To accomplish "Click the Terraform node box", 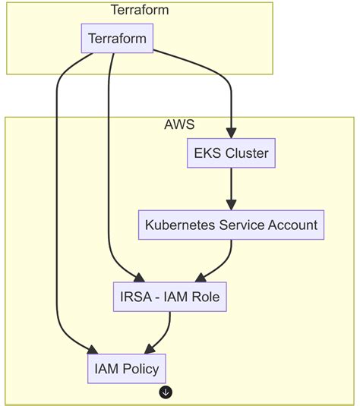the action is tap(117, 38).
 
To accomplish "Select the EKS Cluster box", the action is tap(231, 153).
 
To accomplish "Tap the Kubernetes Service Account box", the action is tap(231, 225).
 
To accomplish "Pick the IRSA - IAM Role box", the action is tap(170, 297).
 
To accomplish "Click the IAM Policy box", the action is tap(127, 369).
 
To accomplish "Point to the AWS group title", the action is tap(179, 124).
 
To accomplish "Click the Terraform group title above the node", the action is tap(140, 10).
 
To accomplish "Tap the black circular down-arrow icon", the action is tap(166, 392).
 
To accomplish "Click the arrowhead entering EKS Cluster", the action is tap(231, 133).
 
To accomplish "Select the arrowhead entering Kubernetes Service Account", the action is tap(231, 205).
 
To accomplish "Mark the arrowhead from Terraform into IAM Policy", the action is tap(93, 350).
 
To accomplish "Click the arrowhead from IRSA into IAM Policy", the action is tap(150, 350).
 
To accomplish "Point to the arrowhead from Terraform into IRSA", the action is tap(139, 278).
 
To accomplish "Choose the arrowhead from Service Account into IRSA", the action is tap(201, 278).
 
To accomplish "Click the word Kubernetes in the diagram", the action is tap(180, 225).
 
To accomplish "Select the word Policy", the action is tap(141, 370).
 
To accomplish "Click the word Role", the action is tap(204, 297).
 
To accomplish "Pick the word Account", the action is tap(292, 225).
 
